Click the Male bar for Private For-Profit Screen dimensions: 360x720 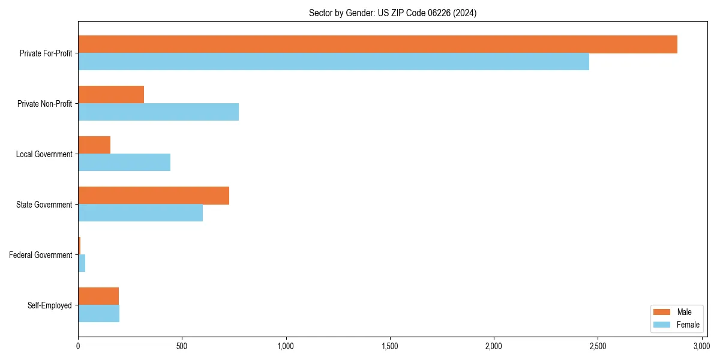tap(377, 44)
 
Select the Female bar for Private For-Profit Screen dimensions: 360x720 tap(334, 62)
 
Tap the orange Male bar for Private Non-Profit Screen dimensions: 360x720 tap(111, 95)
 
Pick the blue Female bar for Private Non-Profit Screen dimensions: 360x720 tap(158, 112)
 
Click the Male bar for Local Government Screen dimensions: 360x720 tap(94, 145)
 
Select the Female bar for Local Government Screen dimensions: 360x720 tap(124, 163)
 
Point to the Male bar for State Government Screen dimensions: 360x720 tap(154, 196)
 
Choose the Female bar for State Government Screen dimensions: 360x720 tap(140, 213)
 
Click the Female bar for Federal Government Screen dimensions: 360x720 tap(82, 263)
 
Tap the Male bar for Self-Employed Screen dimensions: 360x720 tap(98, 296)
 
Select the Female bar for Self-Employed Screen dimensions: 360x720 tap(99, 314)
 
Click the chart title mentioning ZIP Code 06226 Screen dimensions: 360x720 tap(392, 13)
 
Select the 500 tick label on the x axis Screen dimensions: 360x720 tap(182, 346)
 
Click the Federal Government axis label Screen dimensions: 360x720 tap(41, 255)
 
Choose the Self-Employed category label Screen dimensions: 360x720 tap(50, 305)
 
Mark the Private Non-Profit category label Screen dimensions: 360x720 tap(45, 104)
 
